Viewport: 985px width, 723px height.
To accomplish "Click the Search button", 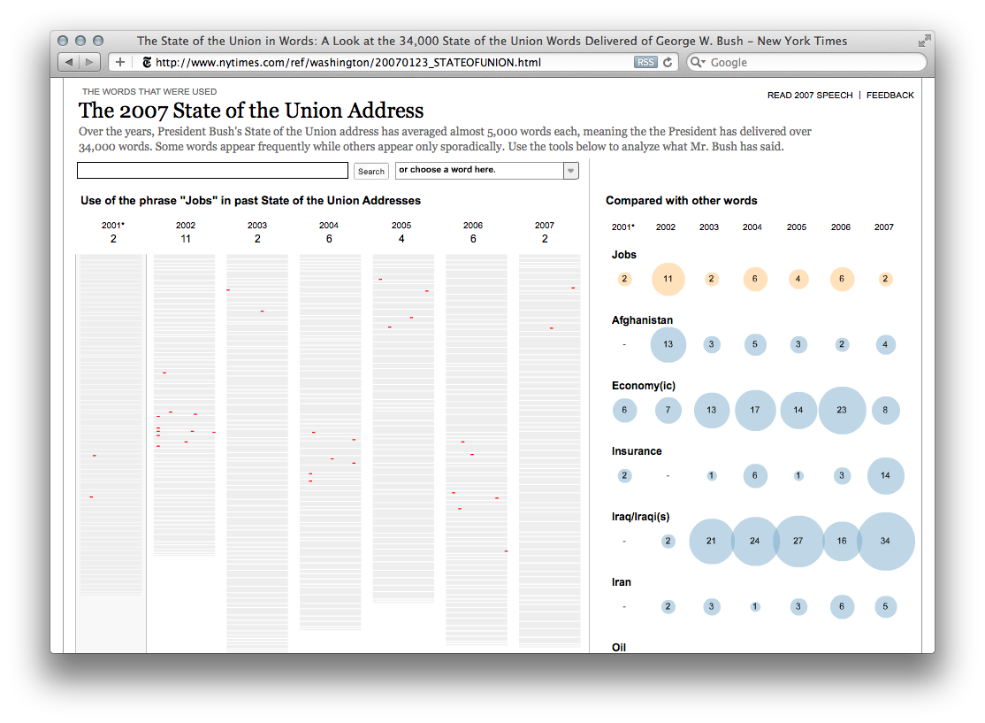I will pos(371,172).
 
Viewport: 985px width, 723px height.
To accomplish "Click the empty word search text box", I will pos(212,171).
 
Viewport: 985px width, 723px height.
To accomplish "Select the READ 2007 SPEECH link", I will pos(810,96).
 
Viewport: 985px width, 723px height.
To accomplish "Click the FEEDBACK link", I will pos(890,96).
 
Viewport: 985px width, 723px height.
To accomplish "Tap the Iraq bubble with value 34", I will pos(885,542).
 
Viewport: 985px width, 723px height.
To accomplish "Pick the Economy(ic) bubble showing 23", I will pos(842,411).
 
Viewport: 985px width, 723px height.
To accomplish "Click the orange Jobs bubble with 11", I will pos(668,279).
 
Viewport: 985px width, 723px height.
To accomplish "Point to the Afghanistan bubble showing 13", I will pos(668,344).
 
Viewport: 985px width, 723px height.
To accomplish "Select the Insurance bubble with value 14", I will pos(885,476).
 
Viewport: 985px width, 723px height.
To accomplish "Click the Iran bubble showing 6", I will pos(842,607).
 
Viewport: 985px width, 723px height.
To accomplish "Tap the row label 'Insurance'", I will pos(637,451).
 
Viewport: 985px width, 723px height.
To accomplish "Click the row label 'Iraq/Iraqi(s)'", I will pos(640,517).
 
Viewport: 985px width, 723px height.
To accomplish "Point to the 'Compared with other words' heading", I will pos(681,201).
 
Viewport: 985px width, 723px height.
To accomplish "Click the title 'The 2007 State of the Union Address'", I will pos(251,112).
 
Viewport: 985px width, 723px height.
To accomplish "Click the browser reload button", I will pos(668,63).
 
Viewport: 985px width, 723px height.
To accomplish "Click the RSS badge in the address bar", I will pos(645,63).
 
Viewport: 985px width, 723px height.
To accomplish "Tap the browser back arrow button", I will pos(68,63).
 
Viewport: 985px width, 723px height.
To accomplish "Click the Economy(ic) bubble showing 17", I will pos(754,411).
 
